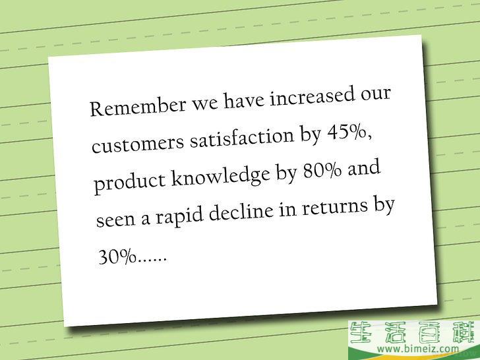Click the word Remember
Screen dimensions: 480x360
[138, 106]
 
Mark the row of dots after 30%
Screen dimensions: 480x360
[152, 260]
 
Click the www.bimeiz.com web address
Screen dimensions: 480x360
[418, 348]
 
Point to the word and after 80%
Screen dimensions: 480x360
[364, 168]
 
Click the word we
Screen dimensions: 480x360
[205, 104]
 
